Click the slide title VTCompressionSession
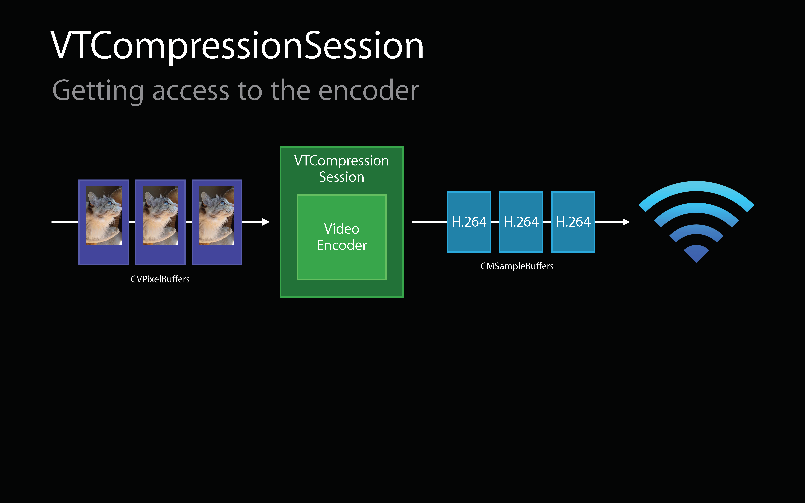coord(237,47)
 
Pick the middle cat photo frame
coord(160,222)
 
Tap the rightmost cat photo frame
coord(217,222)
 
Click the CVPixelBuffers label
coord(160,279)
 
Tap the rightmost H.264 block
coord(573,222)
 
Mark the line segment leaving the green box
coord(429,222)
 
